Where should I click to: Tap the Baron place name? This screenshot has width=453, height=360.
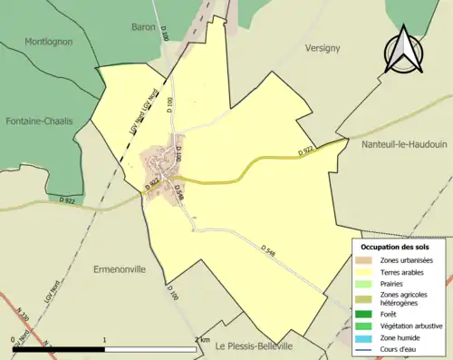(x=143, y=27)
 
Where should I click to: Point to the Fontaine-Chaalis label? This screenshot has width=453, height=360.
(x=39, y=121)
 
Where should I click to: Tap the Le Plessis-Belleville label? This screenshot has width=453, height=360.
(x=266, y=345)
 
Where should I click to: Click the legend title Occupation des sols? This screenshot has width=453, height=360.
(x=395, y=247)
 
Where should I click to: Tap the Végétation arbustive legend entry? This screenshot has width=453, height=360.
(x=412, y=326)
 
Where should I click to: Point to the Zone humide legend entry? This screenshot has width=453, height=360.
(x=400, y=337)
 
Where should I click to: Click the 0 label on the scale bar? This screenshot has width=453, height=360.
(x=14, y=339)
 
